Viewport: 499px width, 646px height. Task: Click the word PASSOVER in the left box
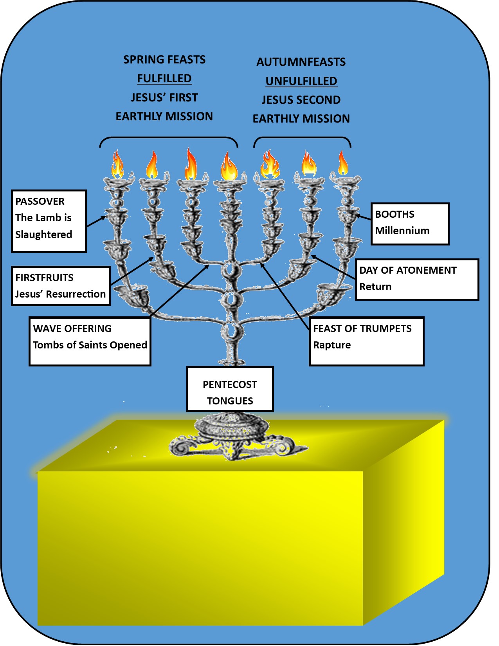point(40,201)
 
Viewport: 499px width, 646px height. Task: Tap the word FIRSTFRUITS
point(44,278)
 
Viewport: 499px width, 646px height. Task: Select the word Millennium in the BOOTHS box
point(402,231)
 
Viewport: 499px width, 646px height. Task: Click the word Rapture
point(332,345)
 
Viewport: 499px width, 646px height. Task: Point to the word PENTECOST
point(230,384)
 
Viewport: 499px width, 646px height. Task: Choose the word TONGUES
point(230,401)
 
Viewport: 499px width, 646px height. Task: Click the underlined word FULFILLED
point(164,78)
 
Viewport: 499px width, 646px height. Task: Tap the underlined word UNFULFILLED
point(301,81)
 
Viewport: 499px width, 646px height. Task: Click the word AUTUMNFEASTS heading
point(301,62)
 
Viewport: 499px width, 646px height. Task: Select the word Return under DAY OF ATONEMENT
point(375,287)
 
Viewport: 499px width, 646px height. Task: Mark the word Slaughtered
point(43,235)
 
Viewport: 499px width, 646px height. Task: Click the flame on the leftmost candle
point(117,165)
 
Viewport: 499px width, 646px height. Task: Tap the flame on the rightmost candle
point(343,164)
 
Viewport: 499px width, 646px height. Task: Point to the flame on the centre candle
point(229,166)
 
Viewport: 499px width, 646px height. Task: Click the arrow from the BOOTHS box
point(363,217)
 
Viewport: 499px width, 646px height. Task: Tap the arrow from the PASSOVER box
point(96,221)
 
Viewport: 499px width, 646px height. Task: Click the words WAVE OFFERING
point(72,328)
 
